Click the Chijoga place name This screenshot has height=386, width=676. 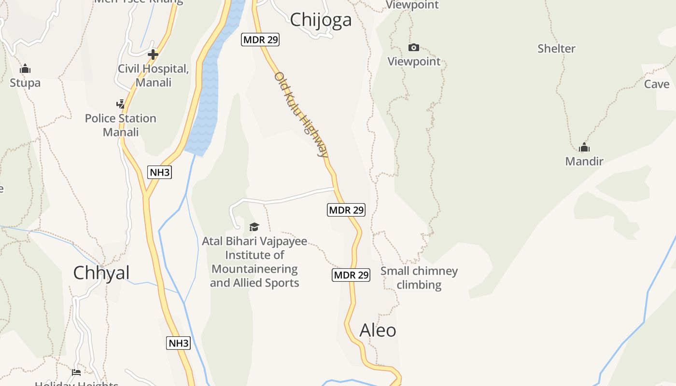pyautogui.click(x=321, y=20)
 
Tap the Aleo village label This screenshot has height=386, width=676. pyautogui.click(x=378, y=331)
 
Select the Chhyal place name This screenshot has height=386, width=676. pyautogui.click(x=101, y=273)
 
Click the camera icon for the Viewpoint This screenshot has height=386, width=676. pyautogui.click(x=414, y=47)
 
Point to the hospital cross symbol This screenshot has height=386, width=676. pyautogui.click(x=153, y=55)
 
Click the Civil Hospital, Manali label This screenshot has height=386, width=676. pyautogui.click(x=153, y=76)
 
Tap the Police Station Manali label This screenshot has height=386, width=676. pyautogui.click(x=120, y=125)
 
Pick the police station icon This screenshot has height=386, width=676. pyautogui.click(x=120, y=104)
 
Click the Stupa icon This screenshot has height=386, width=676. pyautogui.click(x=25, y=69)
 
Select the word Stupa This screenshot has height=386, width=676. pyautogui.click(x=25, y=83)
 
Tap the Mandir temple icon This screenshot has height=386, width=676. pyautogui.click(x=584, y=147)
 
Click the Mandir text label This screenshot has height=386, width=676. pyautogui.click(x=584, y=161)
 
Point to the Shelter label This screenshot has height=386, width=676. pyautogui.click(x=556, y=49)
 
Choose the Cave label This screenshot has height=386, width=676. pyautogui.click(x=657, y=84)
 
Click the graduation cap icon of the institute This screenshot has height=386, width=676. pyautogui.click(x=254, y=227)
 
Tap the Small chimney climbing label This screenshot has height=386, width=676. pyautogui.click(x=419, y=278)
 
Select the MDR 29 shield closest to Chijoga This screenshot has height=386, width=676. pyautogui.click(x=260, y=40)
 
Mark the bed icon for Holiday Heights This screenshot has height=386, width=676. pyautogui.click(x=76, y=372)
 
